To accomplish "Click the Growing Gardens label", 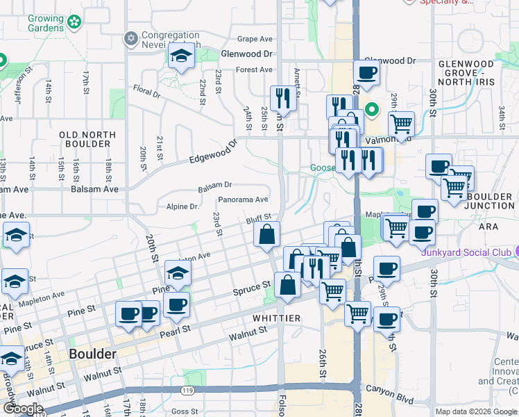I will tap(46, 24).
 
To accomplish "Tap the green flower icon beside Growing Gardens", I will tap(74, 24).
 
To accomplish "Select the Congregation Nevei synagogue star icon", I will tap(130, 38).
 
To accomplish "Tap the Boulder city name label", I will tap(92, 354).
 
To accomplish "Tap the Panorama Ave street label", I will tap(243, 199).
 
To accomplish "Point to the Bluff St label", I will tap(257, 220).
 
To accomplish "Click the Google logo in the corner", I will tap(23, 409).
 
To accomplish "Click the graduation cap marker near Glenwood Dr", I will tap(181, 56).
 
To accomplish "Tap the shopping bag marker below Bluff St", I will tap(266, 234).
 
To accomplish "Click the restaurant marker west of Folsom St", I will tap(283, 97).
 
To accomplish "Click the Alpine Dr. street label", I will tap(183, 206).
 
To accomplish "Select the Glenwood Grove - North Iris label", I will tap(475, 70).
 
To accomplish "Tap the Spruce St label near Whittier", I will tap(251, 286).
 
